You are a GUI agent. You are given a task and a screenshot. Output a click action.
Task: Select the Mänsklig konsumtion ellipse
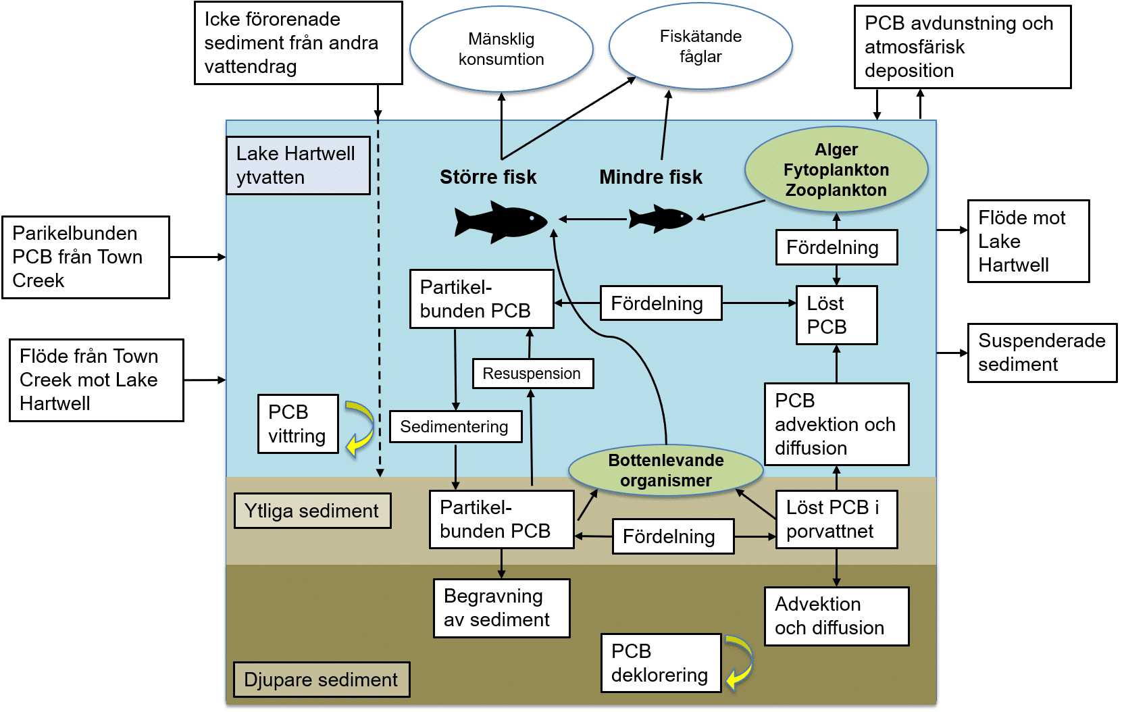[501, 49]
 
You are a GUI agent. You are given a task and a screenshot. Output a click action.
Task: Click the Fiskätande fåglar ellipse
[700, 47]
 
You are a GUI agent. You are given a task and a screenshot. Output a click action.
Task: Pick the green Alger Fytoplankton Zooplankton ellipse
[836, 170]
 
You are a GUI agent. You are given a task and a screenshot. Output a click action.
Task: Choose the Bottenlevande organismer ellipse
[665, 471]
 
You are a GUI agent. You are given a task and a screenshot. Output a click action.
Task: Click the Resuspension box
[532, 374]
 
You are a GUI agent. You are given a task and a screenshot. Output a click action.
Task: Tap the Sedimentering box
[455, 427]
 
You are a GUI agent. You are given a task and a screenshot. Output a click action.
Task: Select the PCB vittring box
[298, 424]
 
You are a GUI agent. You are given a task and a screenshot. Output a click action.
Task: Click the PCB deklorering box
[660, 663]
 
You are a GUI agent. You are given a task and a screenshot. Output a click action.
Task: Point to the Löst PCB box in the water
[836, 315]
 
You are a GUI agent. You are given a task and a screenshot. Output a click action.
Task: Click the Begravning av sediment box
[501, 608]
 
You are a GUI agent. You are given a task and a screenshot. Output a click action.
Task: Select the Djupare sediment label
[321, 680]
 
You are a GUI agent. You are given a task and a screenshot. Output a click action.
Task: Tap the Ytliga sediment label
[312, 511]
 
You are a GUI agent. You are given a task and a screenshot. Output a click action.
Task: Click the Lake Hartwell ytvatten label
[297, 166]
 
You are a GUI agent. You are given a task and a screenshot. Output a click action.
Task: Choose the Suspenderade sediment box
[1041, 353]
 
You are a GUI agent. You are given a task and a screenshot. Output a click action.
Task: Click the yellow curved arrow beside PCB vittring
[361, 428]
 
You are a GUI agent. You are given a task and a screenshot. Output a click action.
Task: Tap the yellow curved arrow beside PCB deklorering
[740, 662]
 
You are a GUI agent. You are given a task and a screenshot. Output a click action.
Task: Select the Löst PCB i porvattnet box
[836, 519]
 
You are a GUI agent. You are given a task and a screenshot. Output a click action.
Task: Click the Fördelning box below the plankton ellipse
[836, 247]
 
